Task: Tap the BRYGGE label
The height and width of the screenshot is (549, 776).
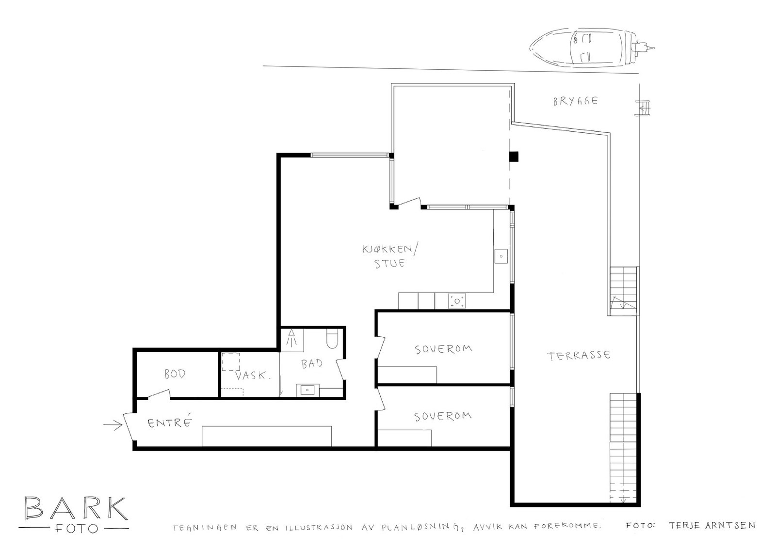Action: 575,101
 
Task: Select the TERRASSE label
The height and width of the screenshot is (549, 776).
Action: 579,356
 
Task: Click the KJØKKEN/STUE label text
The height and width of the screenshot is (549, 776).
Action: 390,256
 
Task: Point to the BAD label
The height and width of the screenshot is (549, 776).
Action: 312,363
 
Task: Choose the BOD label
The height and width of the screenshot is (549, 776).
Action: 175,374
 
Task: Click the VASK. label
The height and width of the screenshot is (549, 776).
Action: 253,376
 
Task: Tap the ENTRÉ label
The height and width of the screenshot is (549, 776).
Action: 169,422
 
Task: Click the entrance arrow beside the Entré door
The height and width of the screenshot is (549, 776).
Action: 113,424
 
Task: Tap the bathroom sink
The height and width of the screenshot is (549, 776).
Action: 307,390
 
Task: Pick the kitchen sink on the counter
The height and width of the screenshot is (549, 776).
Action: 501,256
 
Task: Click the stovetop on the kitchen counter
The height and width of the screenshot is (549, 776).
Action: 457,301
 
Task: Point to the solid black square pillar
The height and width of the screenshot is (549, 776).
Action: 514,157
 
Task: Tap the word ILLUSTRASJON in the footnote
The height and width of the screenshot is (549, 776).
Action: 319,528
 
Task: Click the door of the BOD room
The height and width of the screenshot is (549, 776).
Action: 160,394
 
